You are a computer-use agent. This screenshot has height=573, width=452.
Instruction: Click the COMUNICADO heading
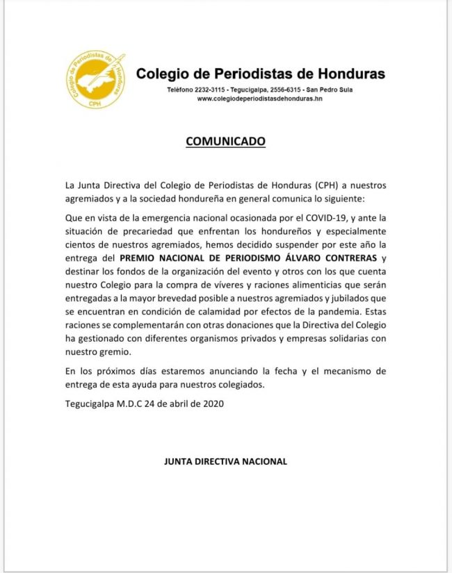(225, 141)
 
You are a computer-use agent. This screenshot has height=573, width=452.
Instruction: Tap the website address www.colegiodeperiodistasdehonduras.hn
(260, 99)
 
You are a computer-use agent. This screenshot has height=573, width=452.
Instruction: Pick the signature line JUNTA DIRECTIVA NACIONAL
(225, 461)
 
